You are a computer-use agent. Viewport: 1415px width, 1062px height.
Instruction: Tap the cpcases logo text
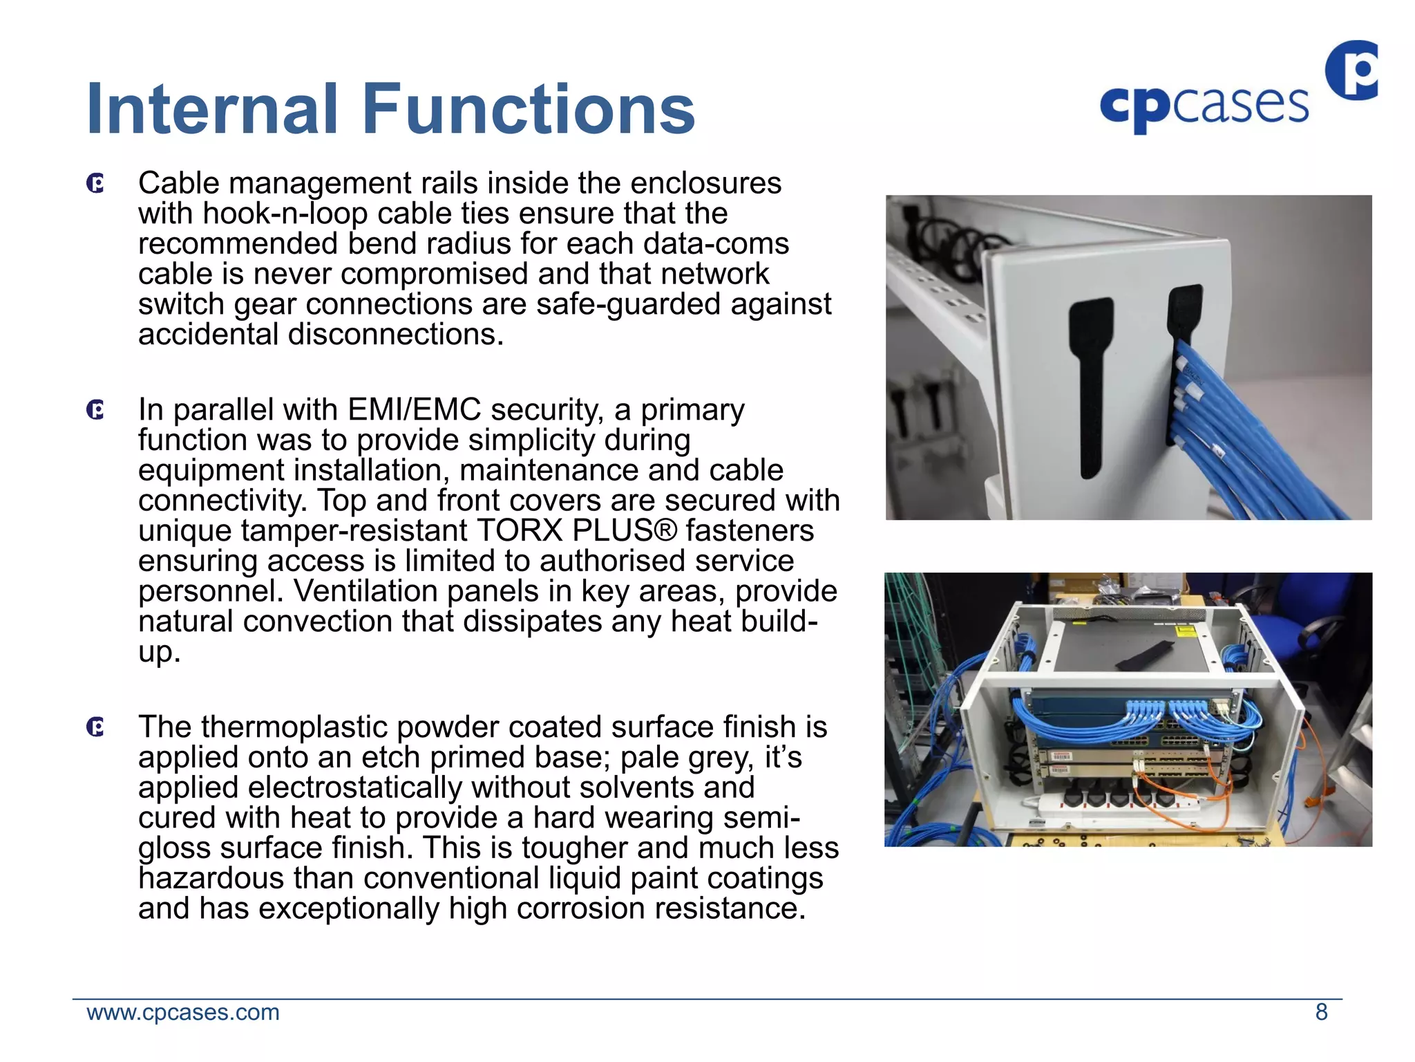tap(1204, 106)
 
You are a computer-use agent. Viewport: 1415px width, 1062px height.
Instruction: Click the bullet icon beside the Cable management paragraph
tap(95, 184)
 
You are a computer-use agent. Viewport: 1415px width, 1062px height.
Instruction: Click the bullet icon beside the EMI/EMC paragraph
tap(95, 410)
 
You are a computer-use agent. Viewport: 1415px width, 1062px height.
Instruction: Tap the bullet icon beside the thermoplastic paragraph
tap(95, 727)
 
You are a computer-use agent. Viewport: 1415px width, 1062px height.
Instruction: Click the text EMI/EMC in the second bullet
tap(415, 410)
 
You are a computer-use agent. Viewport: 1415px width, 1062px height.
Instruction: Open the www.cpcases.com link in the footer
tap(183, 1012)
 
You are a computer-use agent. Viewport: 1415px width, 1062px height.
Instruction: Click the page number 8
tap(1321, 1012)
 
